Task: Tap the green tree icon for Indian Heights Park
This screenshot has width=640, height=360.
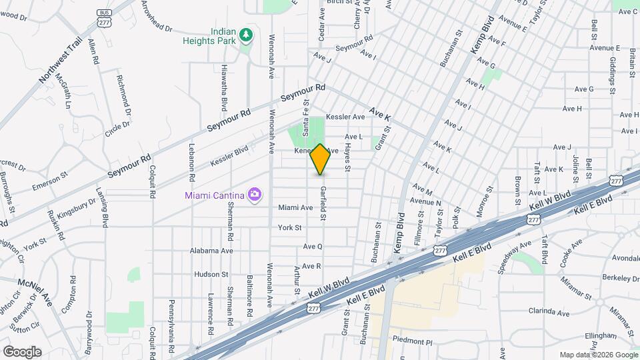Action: (247, 34)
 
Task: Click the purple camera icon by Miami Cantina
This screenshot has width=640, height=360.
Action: (254, 195)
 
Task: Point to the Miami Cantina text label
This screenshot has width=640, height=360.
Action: (213, 195)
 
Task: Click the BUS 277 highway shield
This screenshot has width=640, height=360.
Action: (103, 17)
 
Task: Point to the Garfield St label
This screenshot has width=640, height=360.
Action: (323, 203)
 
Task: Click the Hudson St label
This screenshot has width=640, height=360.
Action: (211, 274)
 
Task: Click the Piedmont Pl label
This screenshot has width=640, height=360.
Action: (413, 341)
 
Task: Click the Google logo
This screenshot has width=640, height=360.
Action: (22, 351)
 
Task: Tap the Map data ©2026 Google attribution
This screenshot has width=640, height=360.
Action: (598, 355)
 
